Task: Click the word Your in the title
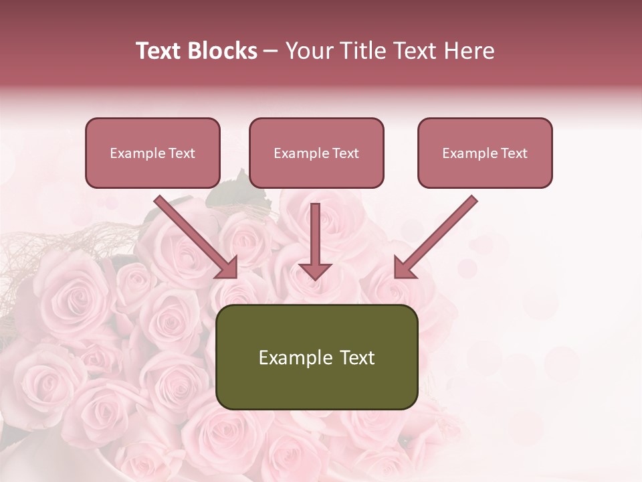pyautogui.click(x=308, y=51)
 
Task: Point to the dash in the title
pyautogui.click(x=271, y=52)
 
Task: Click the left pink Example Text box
pyautogui.click(x=152, y=153)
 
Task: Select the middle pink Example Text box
pyautogui.click(x=316, y=153)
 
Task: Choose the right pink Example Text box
pyautogui.click(x=485, y=153)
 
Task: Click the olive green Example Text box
pyautogui.click(x=316, y=357)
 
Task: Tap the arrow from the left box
pyautogui.click(x=194, y=236)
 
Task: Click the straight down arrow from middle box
pyautogui.click(x=316, y=238)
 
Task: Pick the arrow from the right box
pyautogui.click(x=438, y=236)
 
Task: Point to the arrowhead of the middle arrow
pyautogui.click(x=316, y=270)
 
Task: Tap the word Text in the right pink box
pyautogui.click(x=514, y=153)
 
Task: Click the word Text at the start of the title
pyautogui.click(x=160, y=51)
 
